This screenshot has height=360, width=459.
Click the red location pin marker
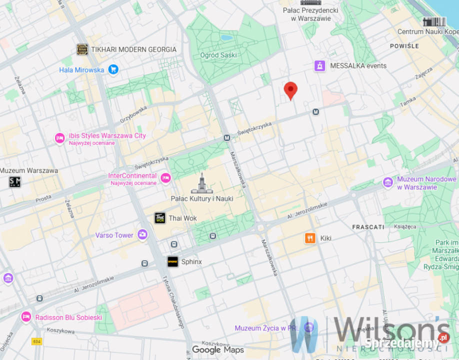point(290,90)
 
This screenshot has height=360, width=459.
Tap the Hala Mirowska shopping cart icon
point(113,69)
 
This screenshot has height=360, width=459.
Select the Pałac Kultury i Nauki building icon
point(202,183)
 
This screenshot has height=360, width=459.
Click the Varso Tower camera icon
point(143,234)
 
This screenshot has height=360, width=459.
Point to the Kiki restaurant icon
point(310,238)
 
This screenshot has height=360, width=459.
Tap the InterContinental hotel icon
point(165,177)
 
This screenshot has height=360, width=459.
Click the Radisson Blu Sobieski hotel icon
point(26,317)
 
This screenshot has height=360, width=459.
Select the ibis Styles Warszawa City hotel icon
point(59,138)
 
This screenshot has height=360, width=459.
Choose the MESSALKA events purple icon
point(319,65)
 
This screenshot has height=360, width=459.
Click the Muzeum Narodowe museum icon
point(387,182)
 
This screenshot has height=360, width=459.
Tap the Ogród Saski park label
point(218,55)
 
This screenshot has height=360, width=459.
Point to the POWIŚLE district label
point(404,46)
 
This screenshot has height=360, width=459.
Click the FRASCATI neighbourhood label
point(368,227)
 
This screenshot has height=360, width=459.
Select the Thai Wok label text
point(182,218)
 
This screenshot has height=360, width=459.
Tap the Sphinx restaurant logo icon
point(173,261)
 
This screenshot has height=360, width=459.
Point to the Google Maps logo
point(218,350)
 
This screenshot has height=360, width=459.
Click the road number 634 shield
point(36,341)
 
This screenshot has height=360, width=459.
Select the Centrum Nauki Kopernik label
point(427,32)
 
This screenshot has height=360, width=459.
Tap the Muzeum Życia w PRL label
point(267,328)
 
